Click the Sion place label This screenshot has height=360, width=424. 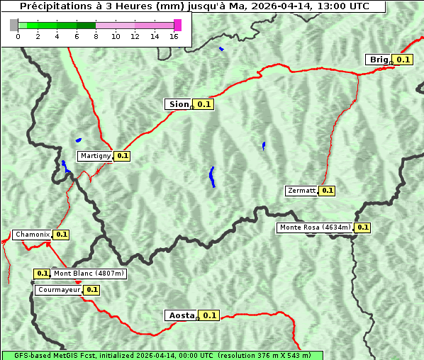(x=179, y=104)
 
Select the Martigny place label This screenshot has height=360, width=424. (x=95, y=155)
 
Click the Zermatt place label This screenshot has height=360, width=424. (x=301, y=191)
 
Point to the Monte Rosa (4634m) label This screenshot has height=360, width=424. (x=315, y=227)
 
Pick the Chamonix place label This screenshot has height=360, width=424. (x=32, y=235)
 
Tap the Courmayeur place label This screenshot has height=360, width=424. (x=58, y=290)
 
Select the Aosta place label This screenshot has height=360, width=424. (x=181, y=315)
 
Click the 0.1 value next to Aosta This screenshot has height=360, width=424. (x=210, y=315)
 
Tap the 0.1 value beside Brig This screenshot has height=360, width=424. (x=403, y=60)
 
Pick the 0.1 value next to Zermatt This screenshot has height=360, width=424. (x=327, y=191)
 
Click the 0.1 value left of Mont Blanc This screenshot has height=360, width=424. (x=43, y=274)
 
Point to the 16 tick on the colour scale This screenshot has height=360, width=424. (x=174, y=36)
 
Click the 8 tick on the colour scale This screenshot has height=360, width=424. (x=96, y=36)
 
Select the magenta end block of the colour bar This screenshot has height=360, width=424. (x=177, y=25)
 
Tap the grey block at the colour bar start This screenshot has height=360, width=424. (x=14, y=25)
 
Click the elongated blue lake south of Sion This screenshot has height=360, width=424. (x=212, y=176)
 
